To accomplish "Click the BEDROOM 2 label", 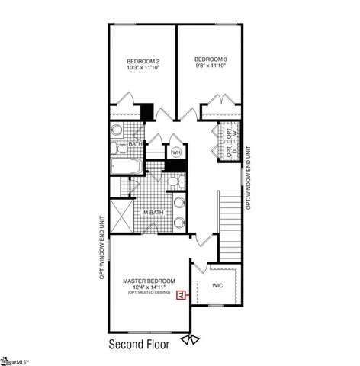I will point(143,61).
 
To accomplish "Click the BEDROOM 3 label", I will point(210,59).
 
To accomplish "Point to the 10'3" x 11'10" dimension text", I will point(143,69).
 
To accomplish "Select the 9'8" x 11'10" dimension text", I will point(210,67).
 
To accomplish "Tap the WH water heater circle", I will point(176,152).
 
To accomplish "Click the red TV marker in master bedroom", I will point(181,295).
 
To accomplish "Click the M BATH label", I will point(154,212).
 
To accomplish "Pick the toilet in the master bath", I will point(174,181).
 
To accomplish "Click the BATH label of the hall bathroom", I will point(134,143).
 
